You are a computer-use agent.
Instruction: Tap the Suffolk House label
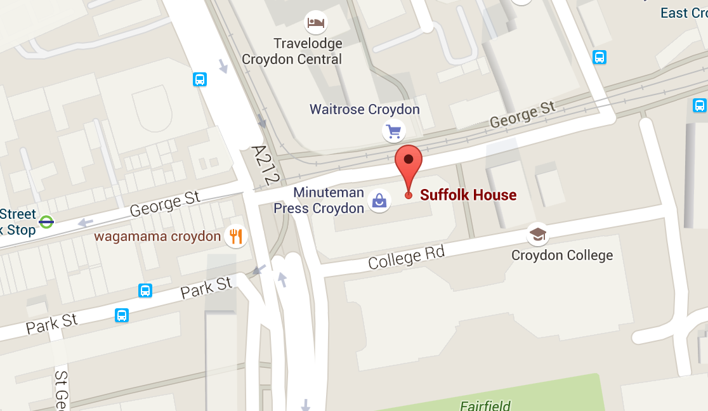coord(468,195)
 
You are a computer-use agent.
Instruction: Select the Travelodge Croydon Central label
coord(292,51)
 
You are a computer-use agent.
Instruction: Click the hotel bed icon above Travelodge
coord(315,23)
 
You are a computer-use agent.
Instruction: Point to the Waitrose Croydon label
coord(365,109)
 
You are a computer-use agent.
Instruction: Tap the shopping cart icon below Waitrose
coord(394,132)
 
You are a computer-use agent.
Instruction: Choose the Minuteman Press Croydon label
coord(318,200)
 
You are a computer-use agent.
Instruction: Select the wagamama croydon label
coord(157,237)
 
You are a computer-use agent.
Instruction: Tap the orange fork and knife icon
coord(236,237)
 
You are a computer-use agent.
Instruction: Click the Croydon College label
coord(562,256)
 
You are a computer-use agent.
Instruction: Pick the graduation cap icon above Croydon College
coord(538,235)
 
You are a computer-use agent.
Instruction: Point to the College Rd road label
coord(406,258)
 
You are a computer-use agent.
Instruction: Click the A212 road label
coord(265,165)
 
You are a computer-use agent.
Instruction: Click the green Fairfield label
coord(485,405)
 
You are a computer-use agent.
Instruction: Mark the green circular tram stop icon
coord(46,222)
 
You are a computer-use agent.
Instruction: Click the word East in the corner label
coord(674,13)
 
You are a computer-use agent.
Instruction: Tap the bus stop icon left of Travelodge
coord(200,79)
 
